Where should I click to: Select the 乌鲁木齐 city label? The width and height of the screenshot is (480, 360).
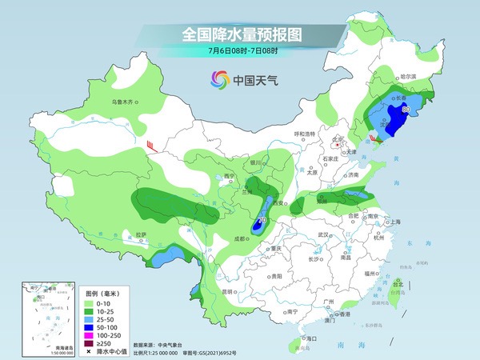(x=125, y=102)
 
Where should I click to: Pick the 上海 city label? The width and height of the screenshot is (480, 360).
(x=392, y=222)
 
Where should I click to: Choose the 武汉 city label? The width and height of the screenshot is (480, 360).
(x=323, y=234)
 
